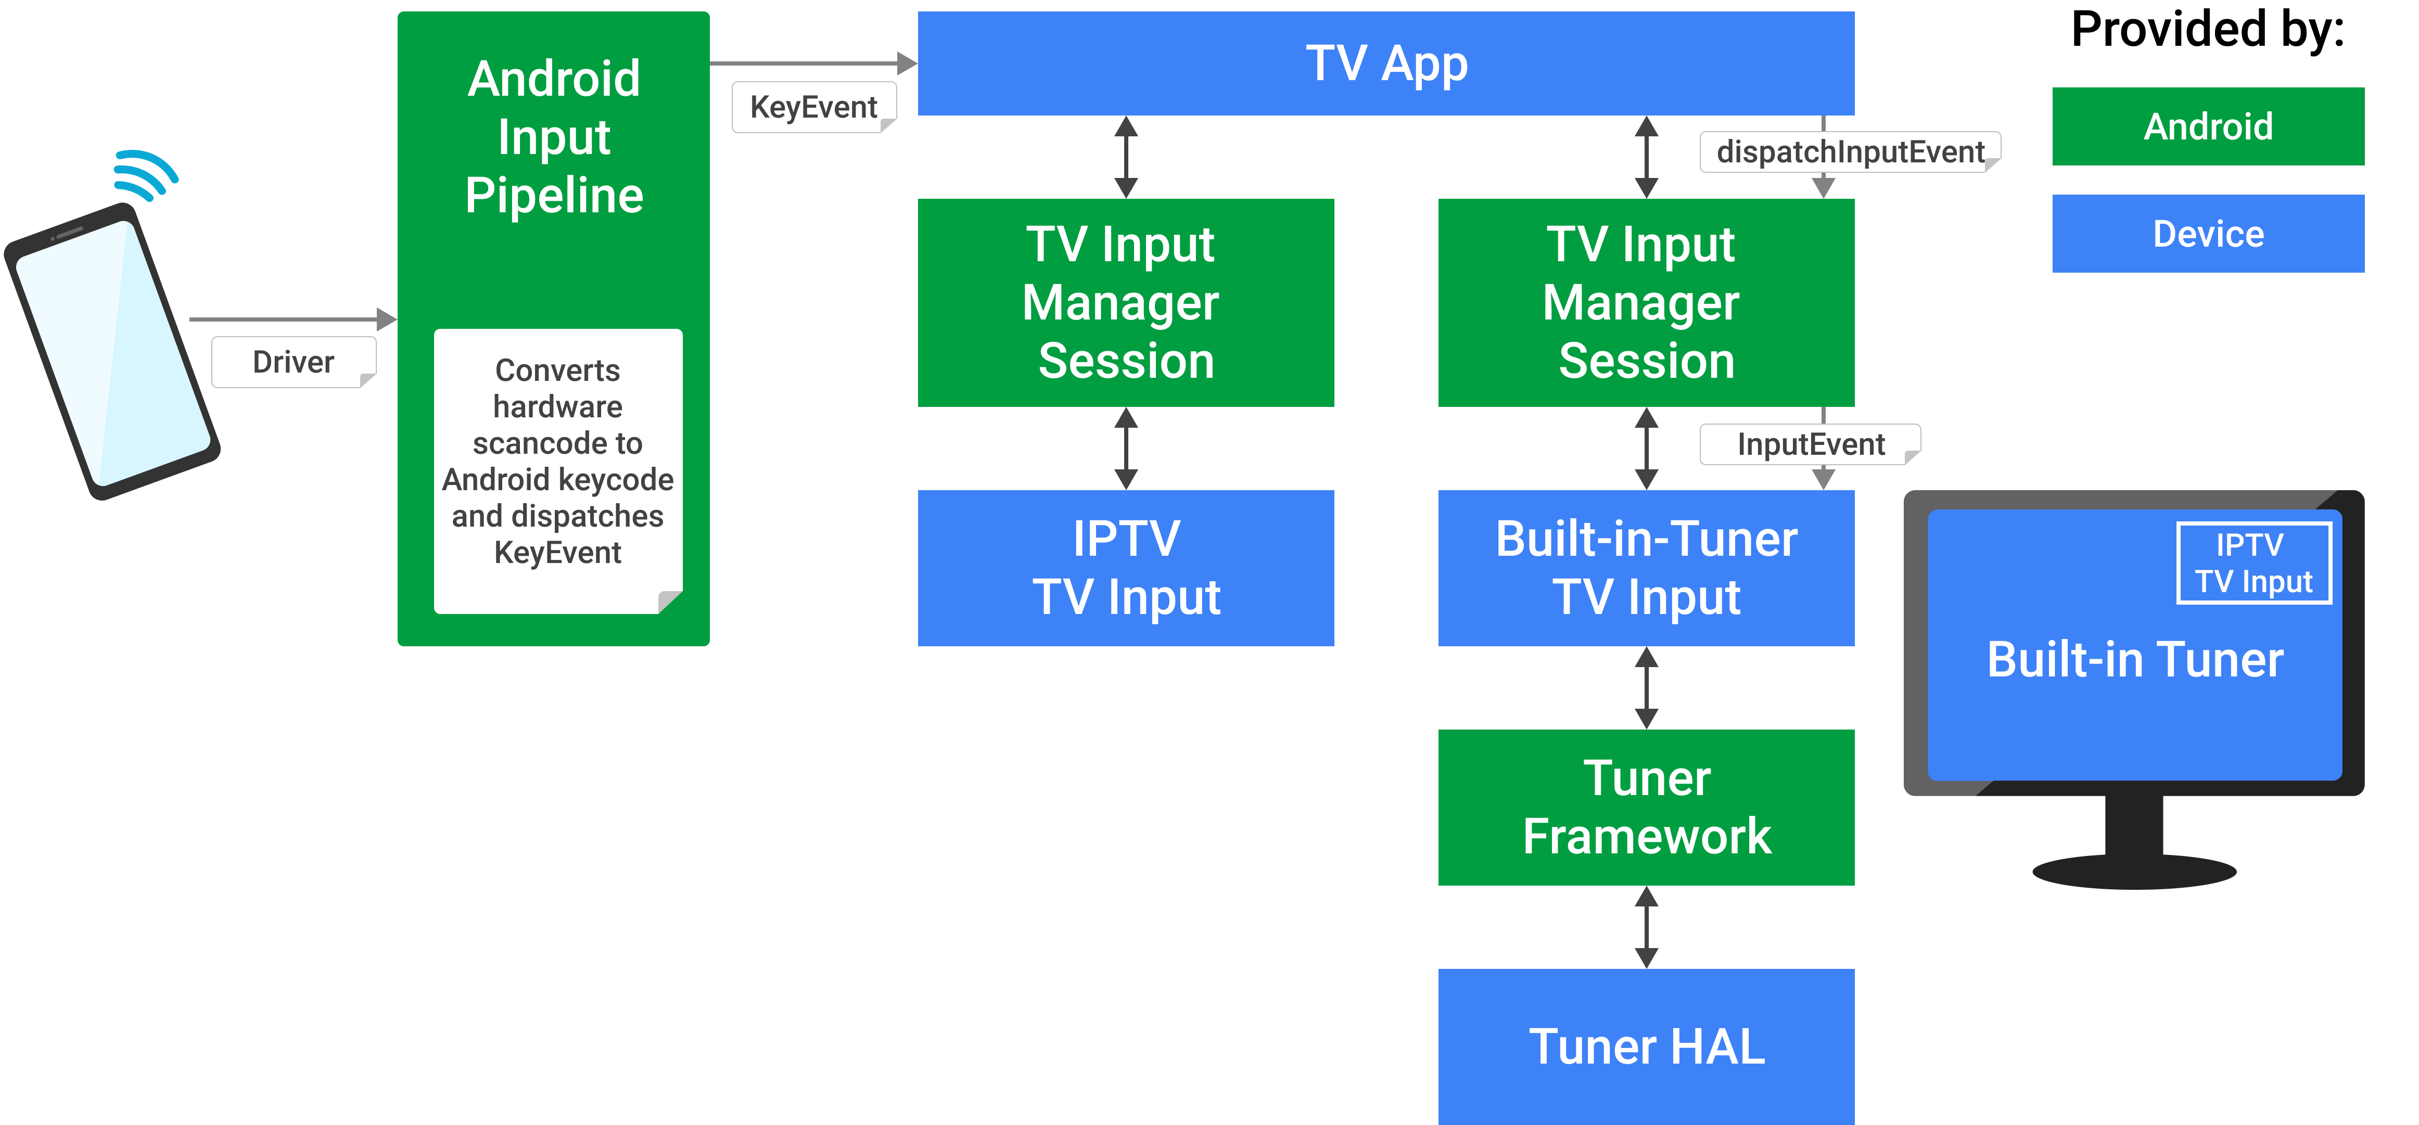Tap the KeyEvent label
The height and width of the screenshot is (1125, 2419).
813,107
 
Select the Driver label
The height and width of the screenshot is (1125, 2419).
293,362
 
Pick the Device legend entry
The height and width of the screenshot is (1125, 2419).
2208,234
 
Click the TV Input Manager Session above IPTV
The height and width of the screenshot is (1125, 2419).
1125,302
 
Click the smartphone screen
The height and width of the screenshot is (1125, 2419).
113,352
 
